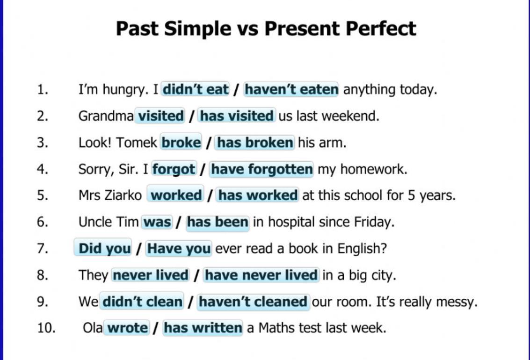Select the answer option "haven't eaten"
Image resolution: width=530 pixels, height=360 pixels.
(x=291, y=89)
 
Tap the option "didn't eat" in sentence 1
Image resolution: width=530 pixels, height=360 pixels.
(x=196, y=89)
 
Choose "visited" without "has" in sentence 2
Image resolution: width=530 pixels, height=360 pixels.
(x=160, y=116)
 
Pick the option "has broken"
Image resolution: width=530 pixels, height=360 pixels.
(x=255, y=143)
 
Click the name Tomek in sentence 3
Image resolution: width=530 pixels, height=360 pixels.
(x=137, y=143)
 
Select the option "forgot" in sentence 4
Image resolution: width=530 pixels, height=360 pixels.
(x=174, y=169)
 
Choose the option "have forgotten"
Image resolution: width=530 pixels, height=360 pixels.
(x=261, y=169)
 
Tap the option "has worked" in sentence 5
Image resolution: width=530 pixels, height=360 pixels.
(x=258, y=195)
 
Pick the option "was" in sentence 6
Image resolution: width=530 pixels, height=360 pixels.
(x=157, y=222)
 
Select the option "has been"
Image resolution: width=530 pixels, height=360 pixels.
(x=218, y=222)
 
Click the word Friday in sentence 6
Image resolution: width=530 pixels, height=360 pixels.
(x=374, y=222)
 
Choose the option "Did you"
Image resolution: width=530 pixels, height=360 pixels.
(x=103, y=248)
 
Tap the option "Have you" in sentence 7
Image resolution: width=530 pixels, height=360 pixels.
(x=179, y=249)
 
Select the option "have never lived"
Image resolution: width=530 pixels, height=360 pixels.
(x=261, y=275)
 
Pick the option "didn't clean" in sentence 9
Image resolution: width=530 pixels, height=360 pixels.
(x=142, y=301)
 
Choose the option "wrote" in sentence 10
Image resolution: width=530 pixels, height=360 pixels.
(x=127, y=328)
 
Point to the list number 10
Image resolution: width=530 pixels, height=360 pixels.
(x=46, y=328)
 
